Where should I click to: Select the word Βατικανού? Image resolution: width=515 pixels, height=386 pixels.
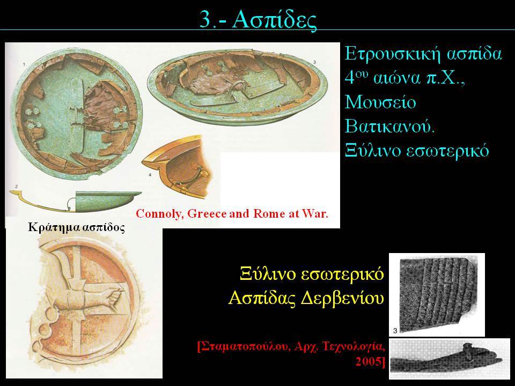[x=390, y=127]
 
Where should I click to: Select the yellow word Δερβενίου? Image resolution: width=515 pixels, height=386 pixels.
[x=343, y=299]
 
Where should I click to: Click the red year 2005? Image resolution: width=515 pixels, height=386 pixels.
[x=370, y=362]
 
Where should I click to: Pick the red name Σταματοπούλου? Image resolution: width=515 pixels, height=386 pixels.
[x=242, y=346]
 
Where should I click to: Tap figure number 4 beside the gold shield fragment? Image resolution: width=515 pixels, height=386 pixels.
[x=150, y=175]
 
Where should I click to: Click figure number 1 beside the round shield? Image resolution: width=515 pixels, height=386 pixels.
[x=24, y=65]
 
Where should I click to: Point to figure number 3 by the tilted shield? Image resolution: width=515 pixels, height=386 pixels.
[x=315, y=62]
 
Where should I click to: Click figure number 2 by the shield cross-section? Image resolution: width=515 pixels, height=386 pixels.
[x=17, y=187]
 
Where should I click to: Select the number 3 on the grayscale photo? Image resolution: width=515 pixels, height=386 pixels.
[x=395, y=331]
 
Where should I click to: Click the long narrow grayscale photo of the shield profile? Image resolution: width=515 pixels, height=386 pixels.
[x=450, y=359]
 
